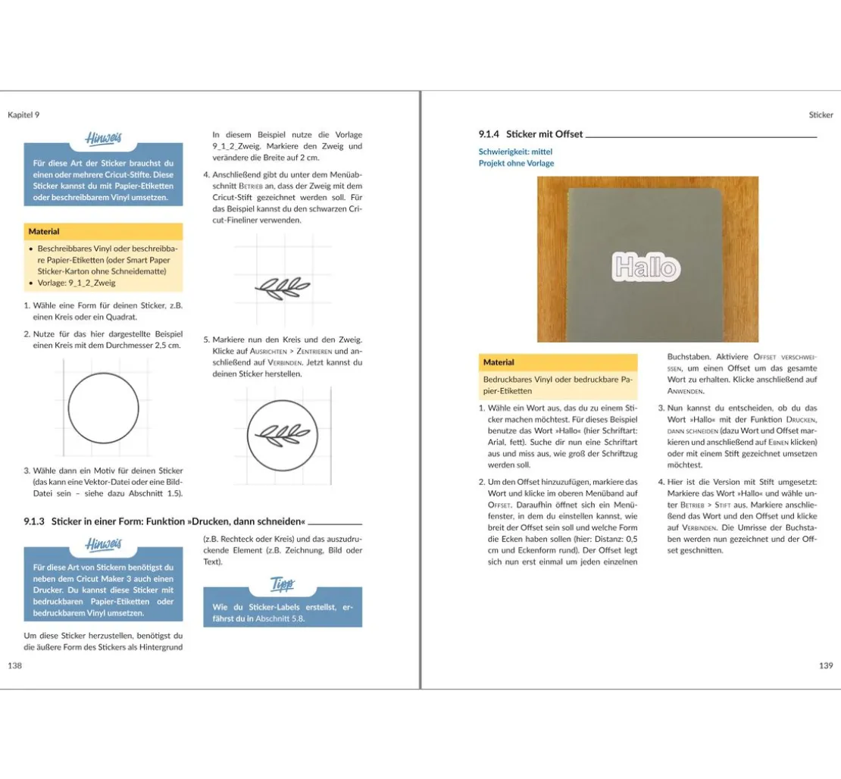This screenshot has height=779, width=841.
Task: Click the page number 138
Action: (x=14, y=665)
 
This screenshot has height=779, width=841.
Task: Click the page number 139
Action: (x=826, y=665)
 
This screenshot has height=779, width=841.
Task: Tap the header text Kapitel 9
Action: (x=23, y=114)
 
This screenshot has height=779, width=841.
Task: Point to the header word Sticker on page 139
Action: (x=821, y=115)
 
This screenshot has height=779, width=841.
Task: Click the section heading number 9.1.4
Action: (x=489, y=134)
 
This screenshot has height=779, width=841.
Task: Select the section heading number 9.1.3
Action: (x=36, y=521)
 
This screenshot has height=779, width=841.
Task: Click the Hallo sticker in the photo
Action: (x=646, y=266)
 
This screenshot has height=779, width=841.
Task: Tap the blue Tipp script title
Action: (x=283, y=584)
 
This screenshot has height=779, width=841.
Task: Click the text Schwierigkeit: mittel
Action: (x=515, y=152)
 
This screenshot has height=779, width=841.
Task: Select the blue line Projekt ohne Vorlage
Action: (x=516, y=163)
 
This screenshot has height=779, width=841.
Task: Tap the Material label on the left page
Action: (x=44, y=231)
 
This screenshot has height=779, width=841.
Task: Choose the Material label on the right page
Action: (x=499, y=362)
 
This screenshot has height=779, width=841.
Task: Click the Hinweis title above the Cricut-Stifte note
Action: (x=103, y=139)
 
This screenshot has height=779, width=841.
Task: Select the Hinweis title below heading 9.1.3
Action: (x=103, y=544)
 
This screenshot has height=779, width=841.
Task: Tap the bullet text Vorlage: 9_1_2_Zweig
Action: (x=77, y=283)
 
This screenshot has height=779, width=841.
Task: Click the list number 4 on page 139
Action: (x=660, y=482)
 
